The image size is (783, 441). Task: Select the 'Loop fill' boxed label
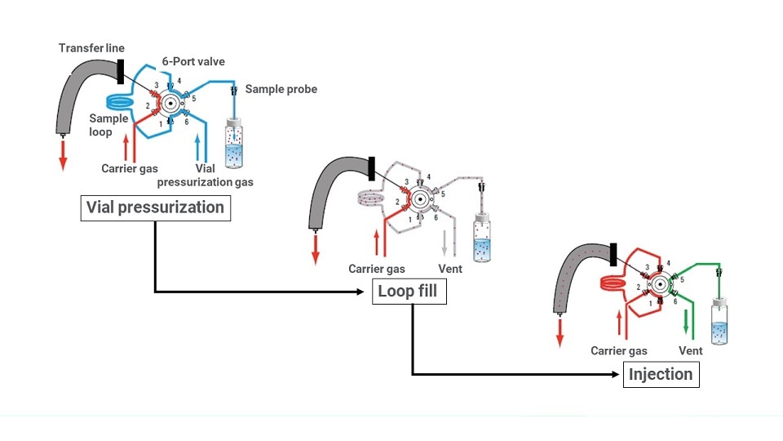409,292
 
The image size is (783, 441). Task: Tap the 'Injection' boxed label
660,375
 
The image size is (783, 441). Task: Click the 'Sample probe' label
281,89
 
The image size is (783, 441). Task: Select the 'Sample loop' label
108,125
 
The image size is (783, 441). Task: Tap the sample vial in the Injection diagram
719,322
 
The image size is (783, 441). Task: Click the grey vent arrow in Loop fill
445,243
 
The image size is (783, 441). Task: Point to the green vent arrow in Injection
685,323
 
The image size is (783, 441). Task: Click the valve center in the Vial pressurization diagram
171,103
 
